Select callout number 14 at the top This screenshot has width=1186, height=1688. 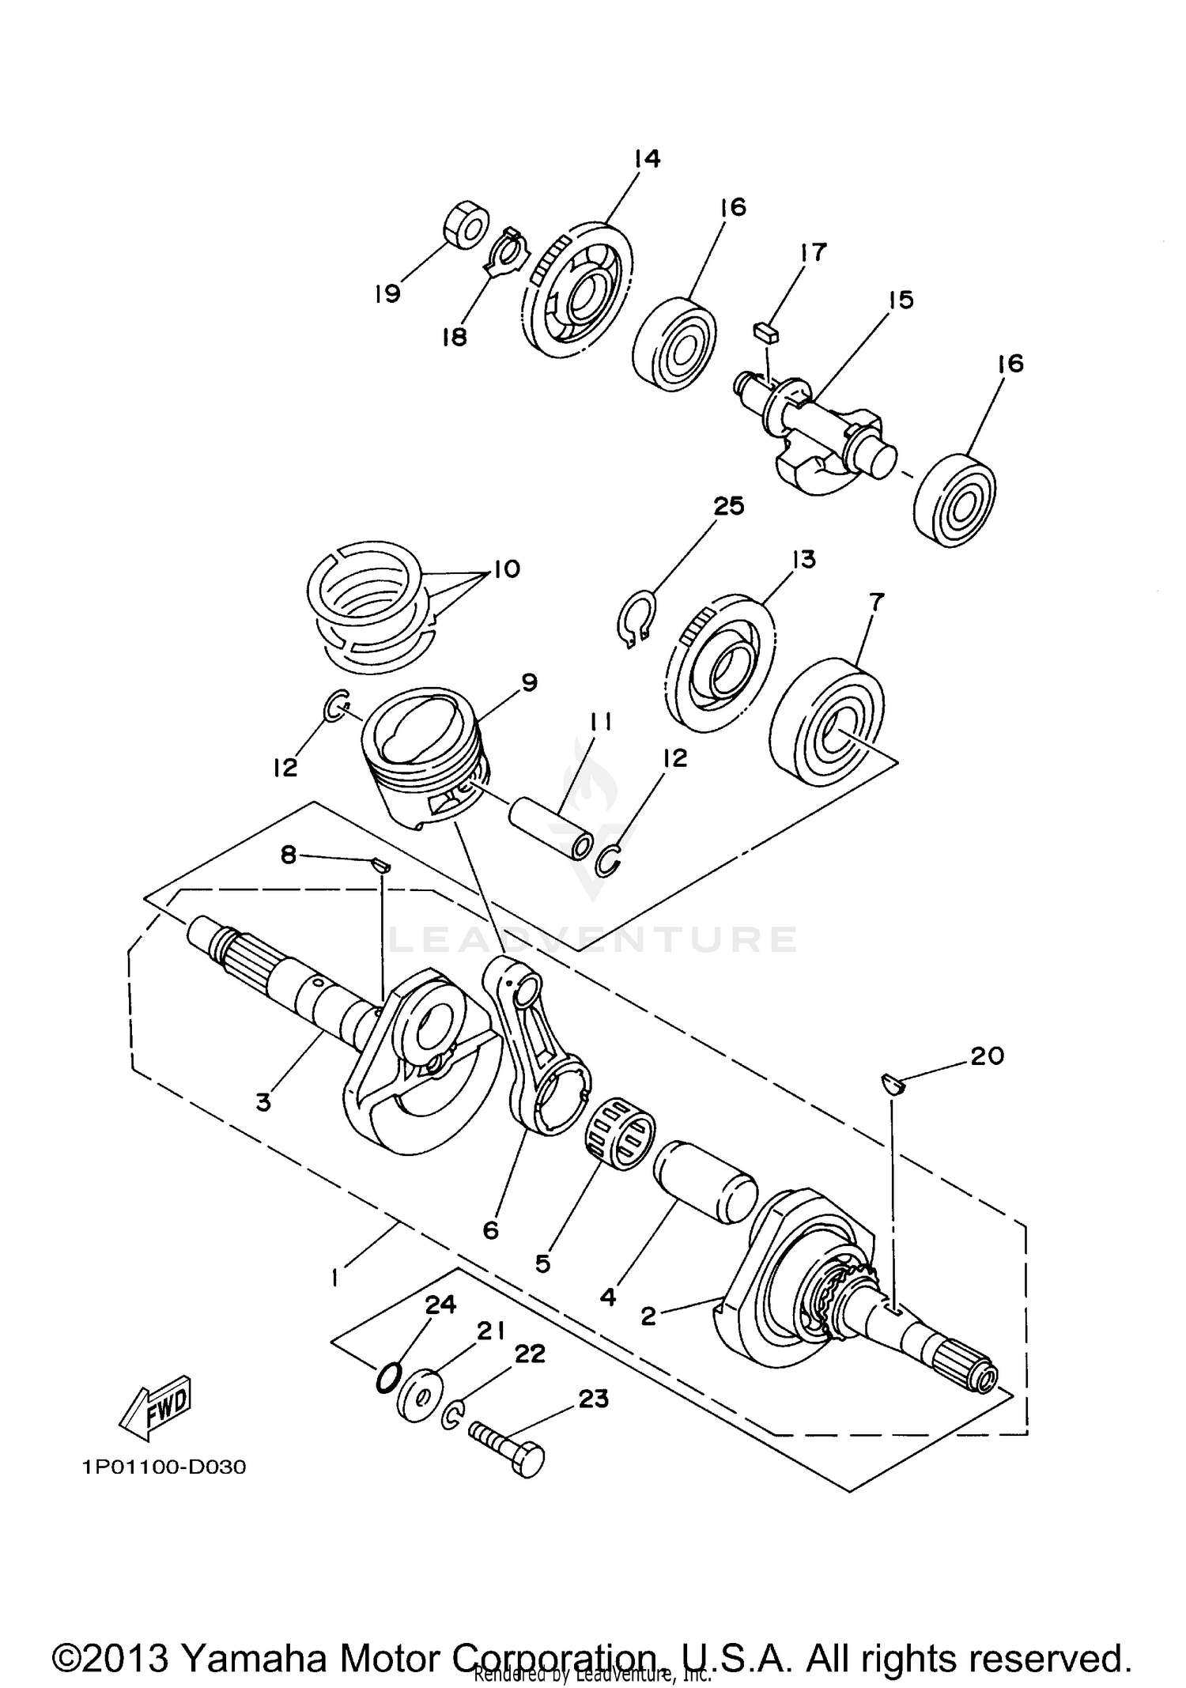tap(647, 159)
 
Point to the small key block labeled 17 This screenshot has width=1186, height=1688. tap(766, 332)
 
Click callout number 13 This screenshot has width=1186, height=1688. tap(803, 560)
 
